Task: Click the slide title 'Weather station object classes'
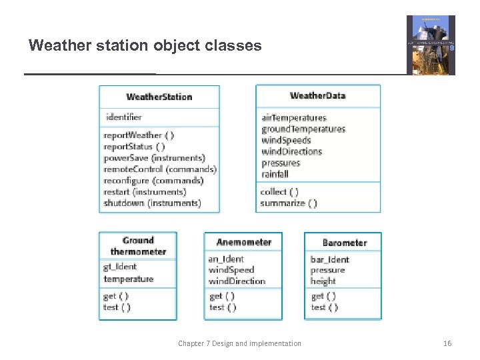(145, 46)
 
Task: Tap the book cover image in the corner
(431, 45)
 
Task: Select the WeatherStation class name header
(159, 97)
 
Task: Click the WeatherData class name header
(318, 95)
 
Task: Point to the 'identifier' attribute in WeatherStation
(123, 117)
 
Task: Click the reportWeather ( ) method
(139, 135)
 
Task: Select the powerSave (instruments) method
(154, 158)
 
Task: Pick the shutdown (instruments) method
(151, 203)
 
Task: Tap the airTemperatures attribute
(294, 118)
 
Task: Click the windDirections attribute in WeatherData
(291, 151)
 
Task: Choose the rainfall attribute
(275, 174)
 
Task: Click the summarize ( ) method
(289, 203)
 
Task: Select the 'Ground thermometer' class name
(138, 246)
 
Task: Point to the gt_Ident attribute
(120, 267)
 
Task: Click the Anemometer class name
(244, 242)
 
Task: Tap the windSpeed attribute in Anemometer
(231, 270)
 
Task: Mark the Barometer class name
(345, 243)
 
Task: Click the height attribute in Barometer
(323, 281)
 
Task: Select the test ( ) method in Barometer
(325, 307)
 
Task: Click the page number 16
(447, 343)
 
